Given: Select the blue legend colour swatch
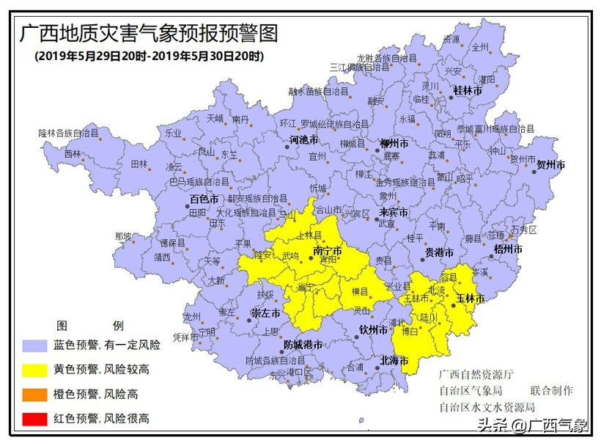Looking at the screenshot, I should point(34,345).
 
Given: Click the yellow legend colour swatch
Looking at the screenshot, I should point(34,370).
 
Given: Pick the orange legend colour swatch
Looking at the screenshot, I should point(34,395).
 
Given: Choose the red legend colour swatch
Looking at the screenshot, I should point(34,419).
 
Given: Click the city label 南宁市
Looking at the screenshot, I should point(328,251).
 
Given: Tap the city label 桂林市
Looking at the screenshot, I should point(467,90).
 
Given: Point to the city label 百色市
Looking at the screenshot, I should point(204,199).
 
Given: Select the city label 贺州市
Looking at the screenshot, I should point(550,165).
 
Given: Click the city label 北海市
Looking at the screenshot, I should point(394,360).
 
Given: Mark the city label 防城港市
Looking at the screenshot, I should point(303,344).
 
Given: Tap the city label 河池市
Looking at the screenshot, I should point(303,139).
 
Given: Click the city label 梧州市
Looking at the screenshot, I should point(508,249).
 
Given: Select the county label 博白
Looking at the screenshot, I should point(411,332).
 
